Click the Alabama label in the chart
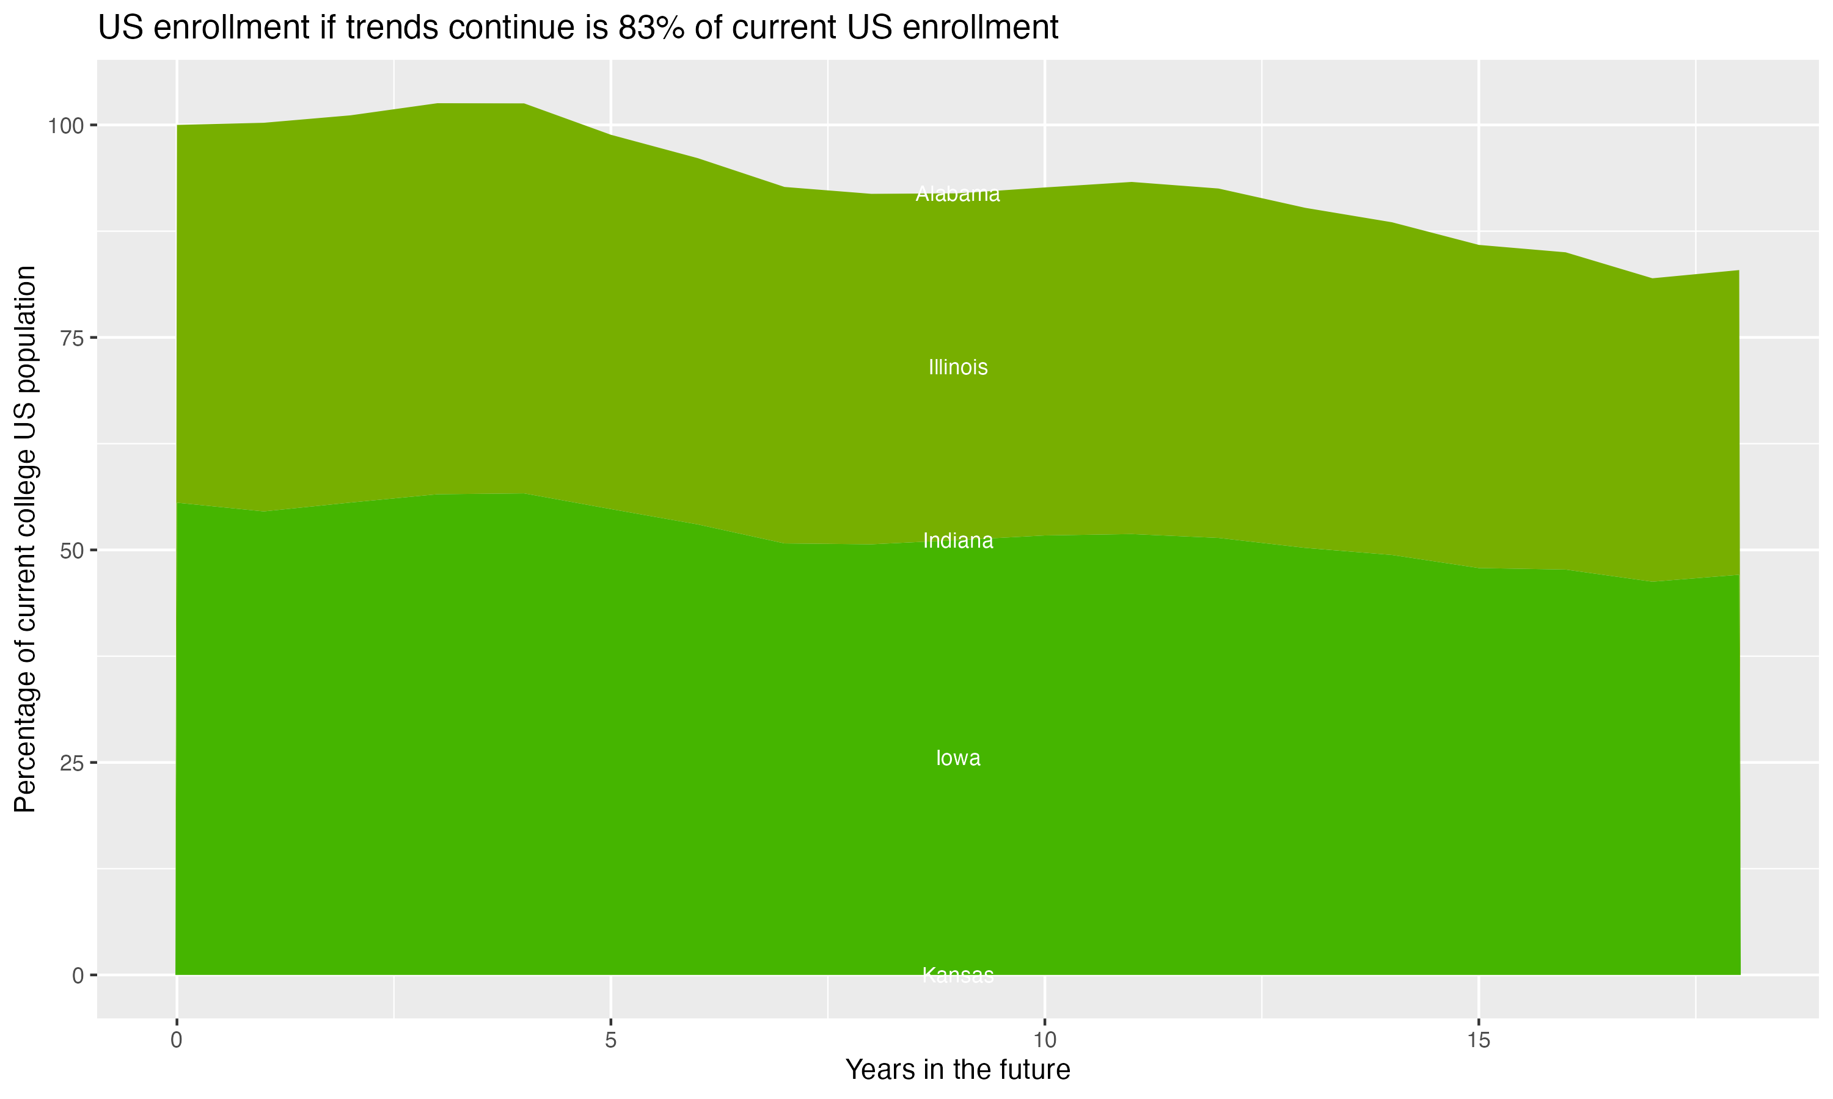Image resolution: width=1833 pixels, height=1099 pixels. [x=957, y=194]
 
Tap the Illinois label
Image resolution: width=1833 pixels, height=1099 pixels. [x=957, y=368]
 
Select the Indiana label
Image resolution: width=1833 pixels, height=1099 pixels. [x=957, y=542]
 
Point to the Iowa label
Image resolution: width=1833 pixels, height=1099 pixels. [x=957, y=758]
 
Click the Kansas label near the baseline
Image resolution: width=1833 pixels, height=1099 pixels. [x=957, y=975]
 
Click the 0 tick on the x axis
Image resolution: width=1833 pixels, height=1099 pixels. [x=177, y=1040]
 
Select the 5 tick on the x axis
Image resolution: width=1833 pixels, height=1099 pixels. [x=610, y=1040]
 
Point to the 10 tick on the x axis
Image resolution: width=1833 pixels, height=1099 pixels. [x=1044, y=1040]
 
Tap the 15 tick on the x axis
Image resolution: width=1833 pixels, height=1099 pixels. [x=1478, y=1040]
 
